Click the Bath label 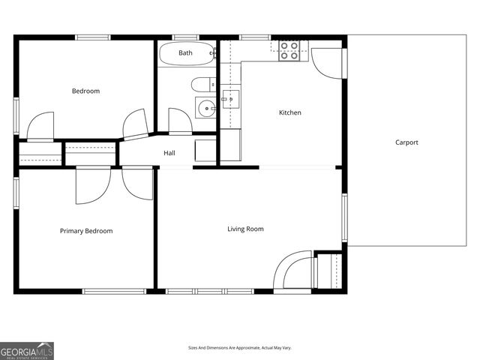coord(185,53)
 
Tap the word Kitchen coord(290,113)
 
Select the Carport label coord(406,142)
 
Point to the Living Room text coord(245,229)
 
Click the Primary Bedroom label coord(86,231)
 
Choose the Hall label coord(169,154)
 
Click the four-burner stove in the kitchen coord(289,50)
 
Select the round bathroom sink coord(205,108)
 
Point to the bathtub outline coord(186,54)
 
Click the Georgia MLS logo coord(27,350)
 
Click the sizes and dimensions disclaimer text coord(240,348)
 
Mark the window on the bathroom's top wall coord(185,37)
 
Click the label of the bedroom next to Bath coord(85,91)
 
